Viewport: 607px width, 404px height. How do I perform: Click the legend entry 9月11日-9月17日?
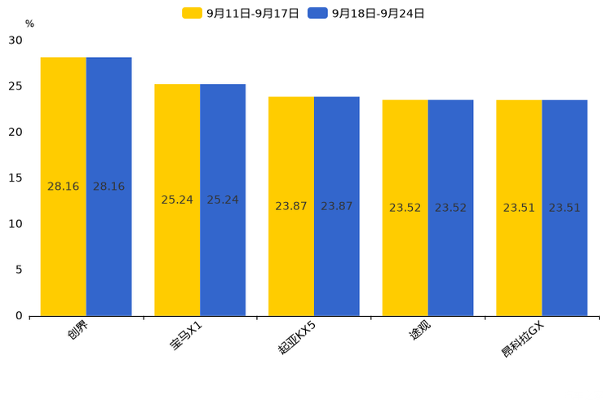241,13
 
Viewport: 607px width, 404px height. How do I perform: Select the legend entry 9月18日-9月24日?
366,13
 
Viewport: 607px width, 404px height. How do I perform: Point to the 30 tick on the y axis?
16,40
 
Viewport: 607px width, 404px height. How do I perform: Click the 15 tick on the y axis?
16,178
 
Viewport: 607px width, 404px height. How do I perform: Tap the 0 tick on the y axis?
19,315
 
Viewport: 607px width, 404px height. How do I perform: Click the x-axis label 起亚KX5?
297,337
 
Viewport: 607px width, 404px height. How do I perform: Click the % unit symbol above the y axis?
29,24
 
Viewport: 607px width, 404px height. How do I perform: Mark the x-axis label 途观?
420,330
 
